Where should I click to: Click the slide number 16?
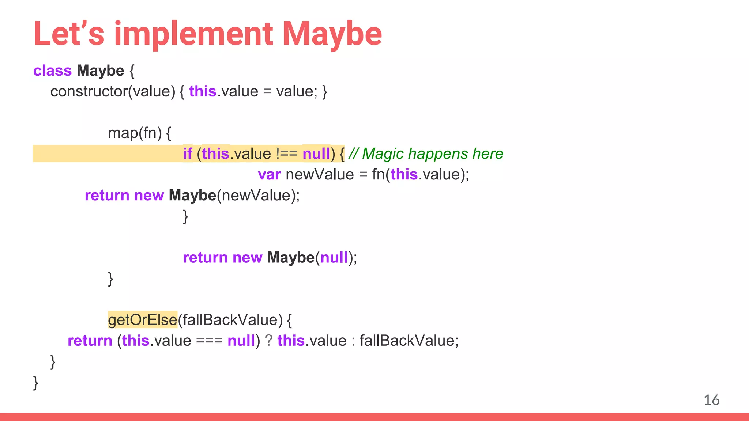click(711, 400)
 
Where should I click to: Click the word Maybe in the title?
click(332, 34)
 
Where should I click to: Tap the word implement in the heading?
click(193, 34)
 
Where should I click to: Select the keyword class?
click(52, 71)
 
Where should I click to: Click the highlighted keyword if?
click(188, 154)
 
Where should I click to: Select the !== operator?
click(287, 154)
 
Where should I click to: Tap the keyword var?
click(269, 175)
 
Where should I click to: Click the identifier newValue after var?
click(320, 175)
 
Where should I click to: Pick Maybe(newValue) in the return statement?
click(234, 196)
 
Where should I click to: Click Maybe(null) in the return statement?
click(312, 258)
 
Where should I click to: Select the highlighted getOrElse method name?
click(143, 320)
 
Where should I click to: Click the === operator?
click(209, 341)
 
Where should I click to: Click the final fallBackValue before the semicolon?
click(407, 341)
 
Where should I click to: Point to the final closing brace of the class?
click(35, 383)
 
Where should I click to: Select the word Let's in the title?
click(69, 34)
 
